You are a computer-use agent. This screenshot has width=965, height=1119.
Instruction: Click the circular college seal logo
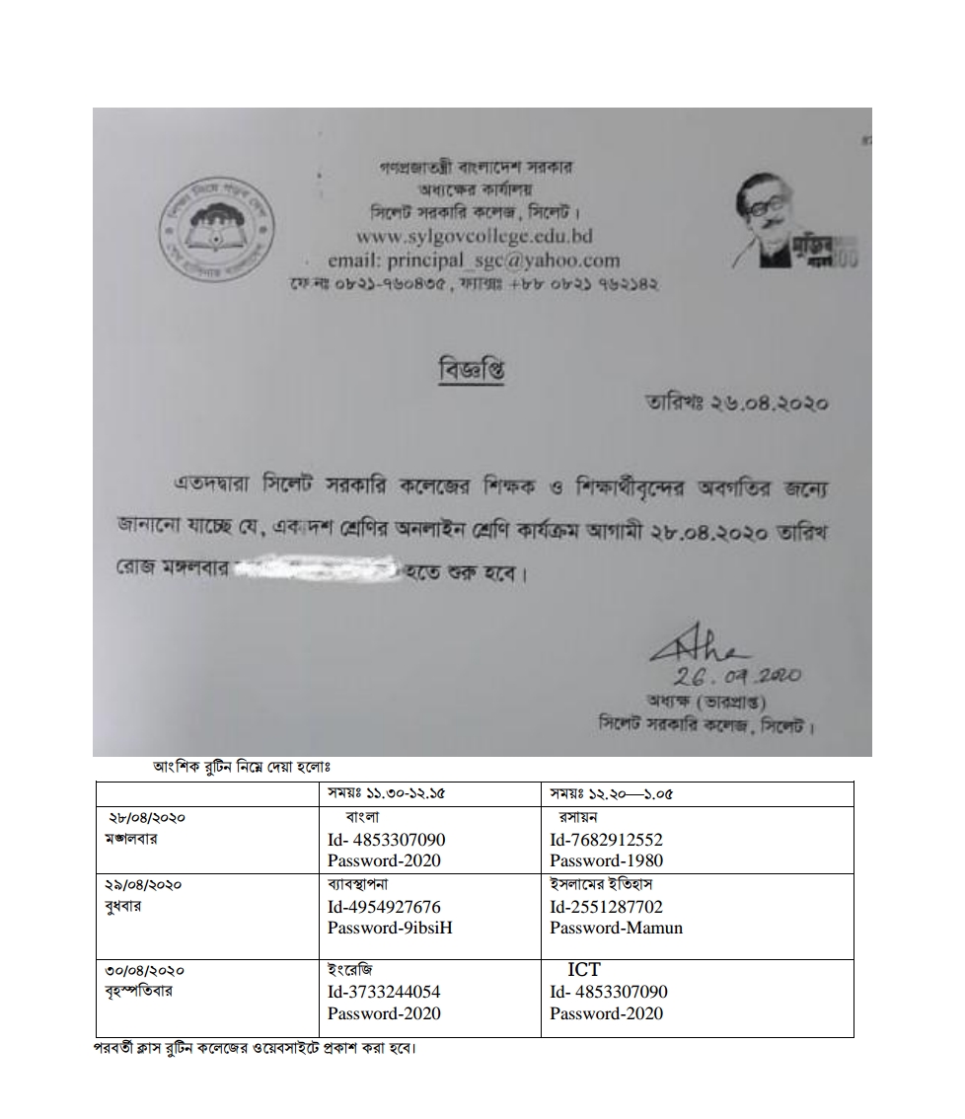pos(218,229)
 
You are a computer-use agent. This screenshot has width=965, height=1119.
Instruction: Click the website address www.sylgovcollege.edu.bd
pos(474,237)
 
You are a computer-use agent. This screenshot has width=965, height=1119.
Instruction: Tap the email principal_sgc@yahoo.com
pos(474,261)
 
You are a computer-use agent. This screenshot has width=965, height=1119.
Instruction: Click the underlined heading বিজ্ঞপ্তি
pos(480,370)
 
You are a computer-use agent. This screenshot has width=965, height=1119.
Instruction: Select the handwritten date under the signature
pos(736,677)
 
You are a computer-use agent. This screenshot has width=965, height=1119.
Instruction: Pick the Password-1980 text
pos(607,860)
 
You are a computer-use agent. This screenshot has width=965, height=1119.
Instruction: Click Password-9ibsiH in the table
pos(390,928)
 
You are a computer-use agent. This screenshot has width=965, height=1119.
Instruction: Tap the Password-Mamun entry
pos(617,928)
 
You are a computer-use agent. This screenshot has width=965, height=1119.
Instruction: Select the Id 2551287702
pos(607,907)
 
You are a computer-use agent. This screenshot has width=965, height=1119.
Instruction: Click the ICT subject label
pos(583,970)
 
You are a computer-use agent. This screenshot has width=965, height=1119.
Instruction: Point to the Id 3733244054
pos(385,992)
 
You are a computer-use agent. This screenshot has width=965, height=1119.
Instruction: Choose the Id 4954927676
pos(385,907)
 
